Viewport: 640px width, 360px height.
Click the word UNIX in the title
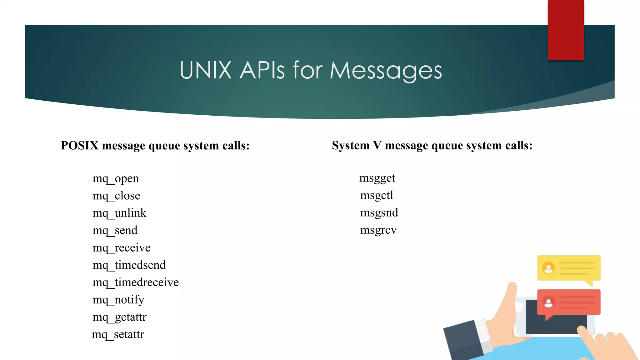205,70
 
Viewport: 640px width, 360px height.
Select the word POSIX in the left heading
80,146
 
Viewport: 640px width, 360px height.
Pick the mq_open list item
116,179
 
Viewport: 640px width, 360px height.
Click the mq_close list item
116,196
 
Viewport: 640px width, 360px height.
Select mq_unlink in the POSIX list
119,213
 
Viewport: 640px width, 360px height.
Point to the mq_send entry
115,231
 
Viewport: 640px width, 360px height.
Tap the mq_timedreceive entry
136,282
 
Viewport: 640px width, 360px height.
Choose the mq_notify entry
118,300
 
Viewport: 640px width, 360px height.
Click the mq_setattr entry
118,334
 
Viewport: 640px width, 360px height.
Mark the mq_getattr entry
119,317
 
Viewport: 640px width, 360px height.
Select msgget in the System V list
377,178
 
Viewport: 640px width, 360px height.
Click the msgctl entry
377,195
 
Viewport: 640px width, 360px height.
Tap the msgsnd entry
379,213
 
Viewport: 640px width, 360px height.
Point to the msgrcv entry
378,230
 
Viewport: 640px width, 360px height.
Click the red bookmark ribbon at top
566,30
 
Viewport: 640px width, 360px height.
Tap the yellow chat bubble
575,268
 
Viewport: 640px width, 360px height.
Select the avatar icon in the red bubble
548,302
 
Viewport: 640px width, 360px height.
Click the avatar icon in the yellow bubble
548,268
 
